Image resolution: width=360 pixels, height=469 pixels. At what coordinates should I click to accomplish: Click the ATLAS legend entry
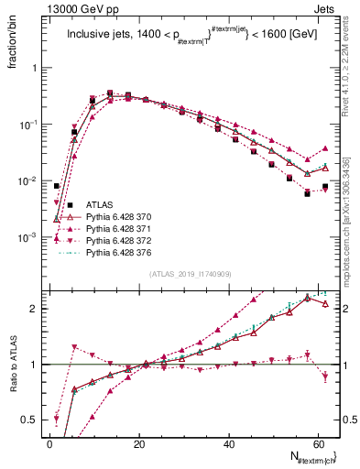[x=100, y=204]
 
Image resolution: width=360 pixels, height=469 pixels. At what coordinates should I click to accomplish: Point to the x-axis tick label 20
[x=138, y=443]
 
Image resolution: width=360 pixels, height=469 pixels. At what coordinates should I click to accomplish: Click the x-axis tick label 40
[x=228, y=443]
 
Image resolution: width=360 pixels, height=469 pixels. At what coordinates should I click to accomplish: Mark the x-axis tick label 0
[x=49, y=443]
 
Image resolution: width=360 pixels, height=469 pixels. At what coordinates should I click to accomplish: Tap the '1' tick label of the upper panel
[x=35, y=68]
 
